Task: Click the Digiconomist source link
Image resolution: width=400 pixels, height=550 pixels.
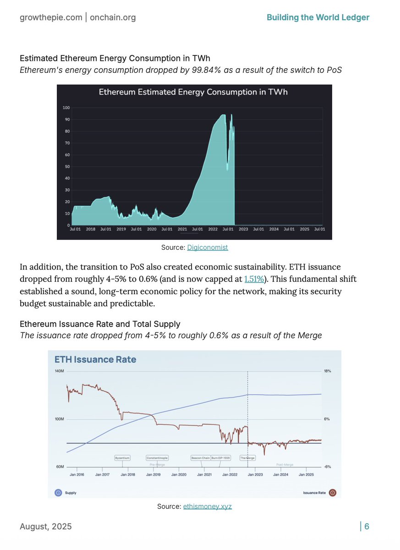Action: coord(208,247)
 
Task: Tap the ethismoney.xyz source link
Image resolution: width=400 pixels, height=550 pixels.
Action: coord(208,506)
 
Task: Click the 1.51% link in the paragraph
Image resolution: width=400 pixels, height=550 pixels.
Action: coord(254,279)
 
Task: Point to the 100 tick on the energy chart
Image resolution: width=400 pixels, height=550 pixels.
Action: coord(66,108)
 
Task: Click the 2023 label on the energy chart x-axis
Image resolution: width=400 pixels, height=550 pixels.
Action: coord(243,229)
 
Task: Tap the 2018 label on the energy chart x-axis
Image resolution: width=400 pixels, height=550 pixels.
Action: coord(91,229)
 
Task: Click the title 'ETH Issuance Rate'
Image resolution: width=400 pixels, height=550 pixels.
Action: coord(95,359)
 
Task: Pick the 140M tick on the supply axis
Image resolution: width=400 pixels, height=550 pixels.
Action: coord(60,371)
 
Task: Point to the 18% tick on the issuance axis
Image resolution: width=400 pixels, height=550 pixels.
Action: coord(327,371)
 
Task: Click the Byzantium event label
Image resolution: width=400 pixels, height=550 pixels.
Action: coord(122,457)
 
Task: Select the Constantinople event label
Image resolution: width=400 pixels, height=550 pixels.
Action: coord(157,457)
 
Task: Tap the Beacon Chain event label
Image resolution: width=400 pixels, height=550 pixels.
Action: coord(201,457)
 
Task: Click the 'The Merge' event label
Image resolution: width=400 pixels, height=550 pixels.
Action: coord(247,457)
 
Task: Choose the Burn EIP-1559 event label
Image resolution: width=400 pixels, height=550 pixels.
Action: coord(221,457)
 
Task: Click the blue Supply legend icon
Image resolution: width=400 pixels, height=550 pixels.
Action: coord(58,493)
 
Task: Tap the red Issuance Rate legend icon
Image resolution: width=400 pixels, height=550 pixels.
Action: coord(333,493)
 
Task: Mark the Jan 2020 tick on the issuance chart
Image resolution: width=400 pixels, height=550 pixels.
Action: coord(179,474)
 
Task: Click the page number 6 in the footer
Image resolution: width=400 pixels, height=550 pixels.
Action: coord(367,527)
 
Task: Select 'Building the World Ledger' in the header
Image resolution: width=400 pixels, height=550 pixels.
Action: coord(318,17)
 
